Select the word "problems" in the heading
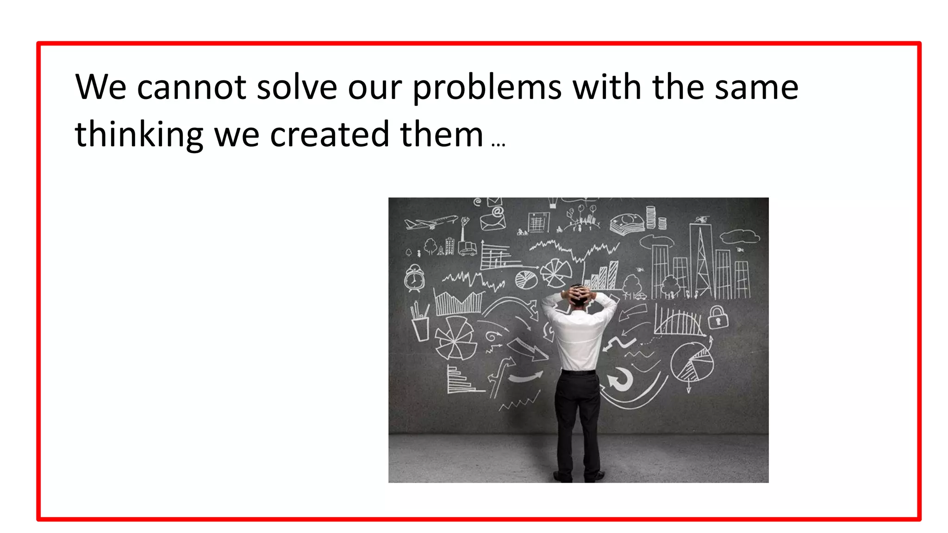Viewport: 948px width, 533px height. (487, 88)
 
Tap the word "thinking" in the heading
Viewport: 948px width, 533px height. (139, 135)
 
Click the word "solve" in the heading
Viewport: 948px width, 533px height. (297, 87)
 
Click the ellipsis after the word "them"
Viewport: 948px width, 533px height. (499, 145)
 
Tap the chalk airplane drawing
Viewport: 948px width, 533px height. (430, 223)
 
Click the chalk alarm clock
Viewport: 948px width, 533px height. (414, 278)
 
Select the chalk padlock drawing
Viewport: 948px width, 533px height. (718, 317)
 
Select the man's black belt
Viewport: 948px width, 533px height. (579, 371)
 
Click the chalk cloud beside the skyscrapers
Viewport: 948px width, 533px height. (739, 236)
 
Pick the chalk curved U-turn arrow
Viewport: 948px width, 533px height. (620, 378)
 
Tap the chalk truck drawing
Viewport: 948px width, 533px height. (468, 248)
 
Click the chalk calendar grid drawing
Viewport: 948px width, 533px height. (538, 222)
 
